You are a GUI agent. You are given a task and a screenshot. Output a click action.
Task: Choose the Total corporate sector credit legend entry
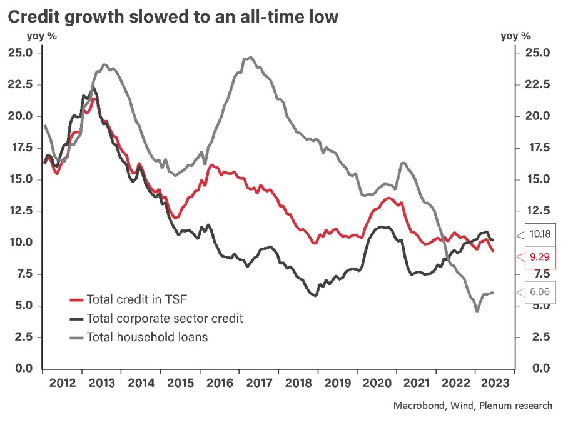(165, 318)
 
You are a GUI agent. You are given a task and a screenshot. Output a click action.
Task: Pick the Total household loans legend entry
(147, 337)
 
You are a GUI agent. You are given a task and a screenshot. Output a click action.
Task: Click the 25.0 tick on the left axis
(21, 53)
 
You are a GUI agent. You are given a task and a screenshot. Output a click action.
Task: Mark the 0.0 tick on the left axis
(24, 368)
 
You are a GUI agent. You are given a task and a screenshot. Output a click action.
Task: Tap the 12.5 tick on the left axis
(21, 211)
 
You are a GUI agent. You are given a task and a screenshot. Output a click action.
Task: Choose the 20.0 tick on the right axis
(537, 116)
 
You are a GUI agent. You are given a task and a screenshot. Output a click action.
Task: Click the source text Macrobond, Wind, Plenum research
(472, 406)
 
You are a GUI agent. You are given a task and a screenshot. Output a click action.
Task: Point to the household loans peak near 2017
(250, 58)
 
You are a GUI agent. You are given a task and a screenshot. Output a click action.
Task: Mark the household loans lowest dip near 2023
(477, 311)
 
